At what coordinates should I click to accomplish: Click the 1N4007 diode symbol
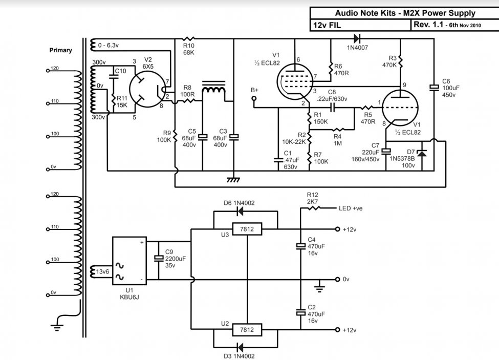click(x=357, y=37)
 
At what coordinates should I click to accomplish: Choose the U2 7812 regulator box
click(x=247, y=330)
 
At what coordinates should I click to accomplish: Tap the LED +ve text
click(x=351, y=208)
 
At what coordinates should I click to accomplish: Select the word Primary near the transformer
click(x=60, y=50)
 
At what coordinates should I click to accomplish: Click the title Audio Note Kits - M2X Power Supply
click(x=405, y=14)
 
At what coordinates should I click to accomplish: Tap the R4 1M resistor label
click(x=337, y=140)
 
